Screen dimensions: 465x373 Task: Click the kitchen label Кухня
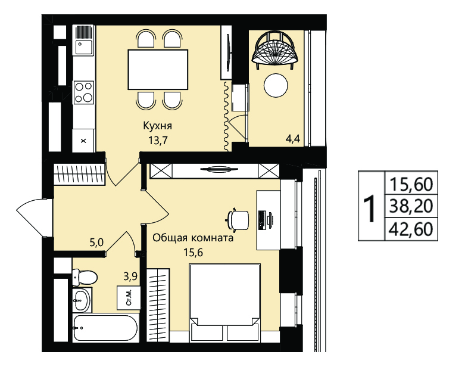coord(157,126)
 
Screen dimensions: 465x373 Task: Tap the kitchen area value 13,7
coord(158,140)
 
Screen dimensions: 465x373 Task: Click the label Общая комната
coord(193,238)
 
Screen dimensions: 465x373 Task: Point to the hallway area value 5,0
coord(96,243)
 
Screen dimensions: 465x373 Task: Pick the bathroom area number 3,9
coord(130,276)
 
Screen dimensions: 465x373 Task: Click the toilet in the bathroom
coord(85,278)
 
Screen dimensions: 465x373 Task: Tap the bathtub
coord(105,328)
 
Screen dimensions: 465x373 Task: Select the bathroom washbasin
coord(82,300)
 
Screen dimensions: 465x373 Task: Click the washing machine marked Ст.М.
coord(129,298)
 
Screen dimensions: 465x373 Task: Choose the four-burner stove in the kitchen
coord(83,92)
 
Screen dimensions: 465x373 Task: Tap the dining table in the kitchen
coord(158,70)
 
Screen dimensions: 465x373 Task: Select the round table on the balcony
coord(276,85)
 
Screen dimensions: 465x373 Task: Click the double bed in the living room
coord(226,302)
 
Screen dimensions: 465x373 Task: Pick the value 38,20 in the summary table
coord(411,206)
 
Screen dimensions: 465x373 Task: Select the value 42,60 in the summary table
coord(411,229)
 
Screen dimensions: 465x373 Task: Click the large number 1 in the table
coord(370,209)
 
